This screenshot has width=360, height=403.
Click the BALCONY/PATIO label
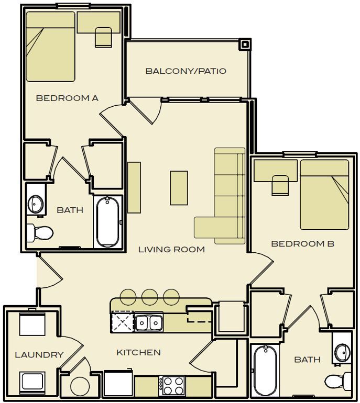click(186, 71)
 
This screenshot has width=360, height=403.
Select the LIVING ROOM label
click(171, 250)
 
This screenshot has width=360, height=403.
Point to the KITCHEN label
click(138, 352)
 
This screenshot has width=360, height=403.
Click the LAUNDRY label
click(39, 355)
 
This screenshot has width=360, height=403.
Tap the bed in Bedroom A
click(50, 47)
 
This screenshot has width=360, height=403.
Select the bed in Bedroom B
click(324, 194)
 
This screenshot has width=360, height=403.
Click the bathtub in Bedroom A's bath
click(108, 221)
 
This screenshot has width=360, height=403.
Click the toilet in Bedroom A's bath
click(40, 231)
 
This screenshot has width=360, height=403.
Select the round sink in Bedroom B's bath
click(343, 350)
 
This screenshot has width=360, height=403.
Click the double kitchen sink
click(148, 322)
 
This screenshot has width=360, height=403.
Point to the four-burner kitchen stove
click(172, 386)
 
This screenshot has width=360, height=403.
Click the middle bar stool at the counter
click(150, 296)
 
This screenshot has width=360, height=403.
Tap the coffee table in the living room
click(179, 188)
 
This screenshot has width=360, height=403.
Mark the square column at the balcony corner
click(245, 44)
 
